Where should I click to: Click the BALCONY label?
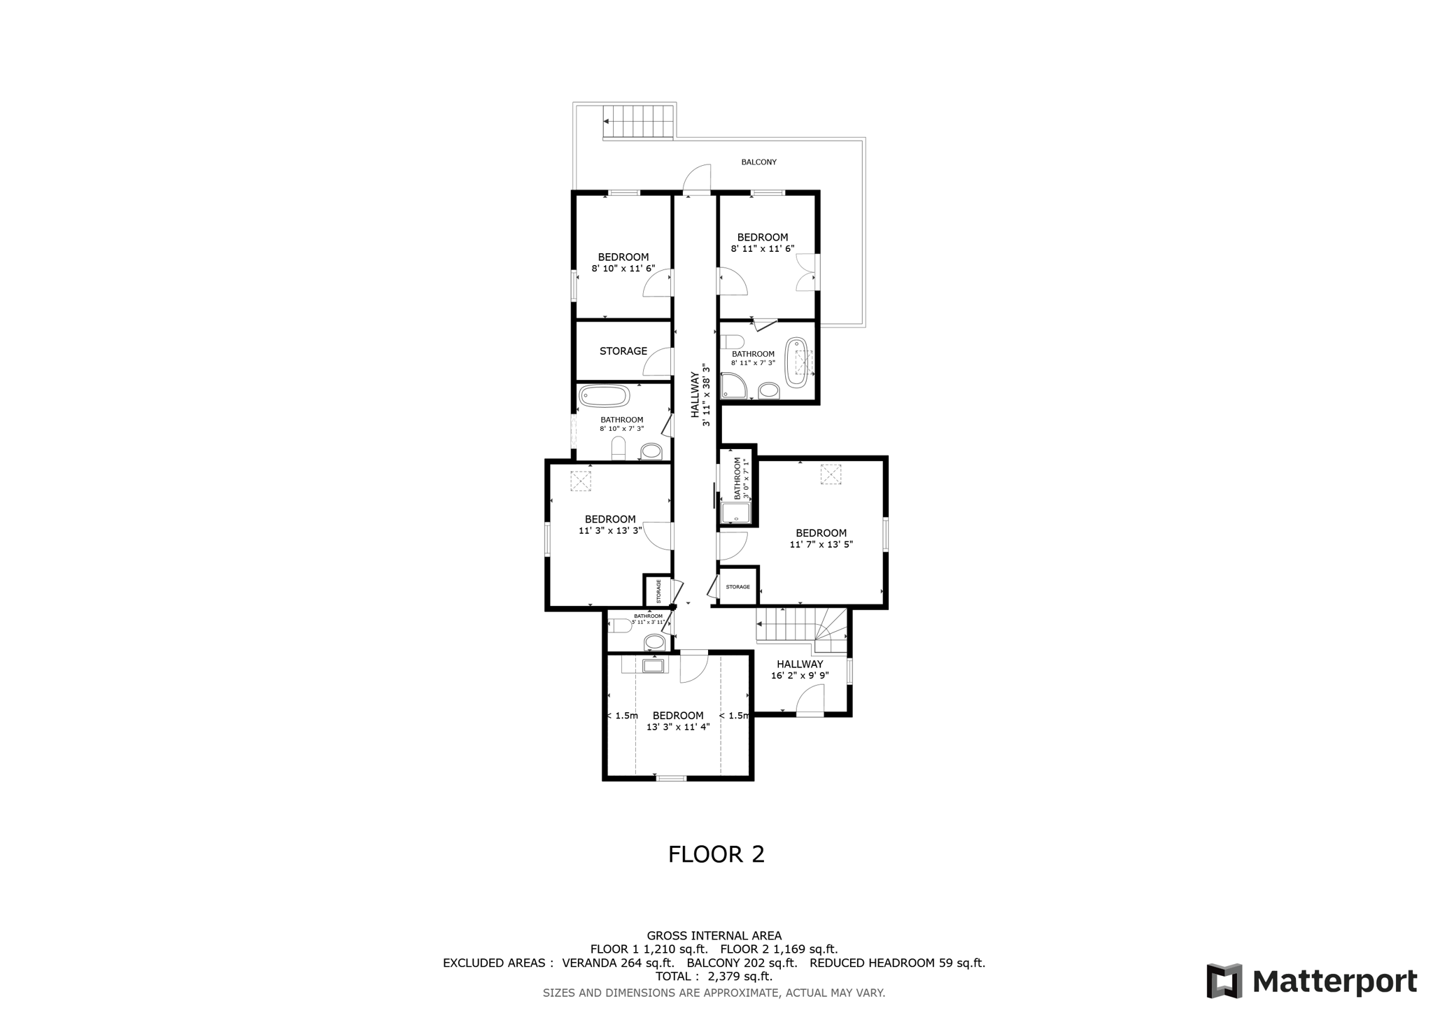[758, 162]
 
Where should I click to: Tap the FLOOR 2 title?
[716, 854]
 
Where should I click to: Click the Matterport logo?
[1311, 981]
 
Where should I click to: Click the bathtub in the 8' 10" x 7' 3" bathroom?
[604, 396]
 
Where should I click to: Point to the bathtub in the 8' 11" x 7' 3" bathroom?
[796, 362]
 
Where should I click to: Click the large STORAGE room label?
[623, 351]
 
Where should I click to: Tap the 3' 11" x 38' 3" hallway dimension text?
[707, 395]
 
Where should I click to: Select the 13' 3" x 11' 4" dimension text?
[677, 727]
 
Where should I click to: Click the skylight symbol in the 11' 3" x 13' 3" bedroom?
[580, 481]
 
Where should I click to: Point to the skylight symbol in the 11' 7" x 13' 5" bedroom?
[830, 474]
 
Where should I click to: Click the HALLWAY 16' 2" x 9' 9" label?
[800, 670]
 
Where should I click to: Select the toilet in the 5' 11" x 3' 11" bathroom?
[621, 625]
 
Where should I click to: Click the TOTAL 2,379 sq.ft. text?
[714, 977]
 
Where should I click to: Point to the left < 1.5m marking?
[622, 716]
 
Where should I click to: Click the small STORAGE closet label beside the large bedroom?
[737, 587]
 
